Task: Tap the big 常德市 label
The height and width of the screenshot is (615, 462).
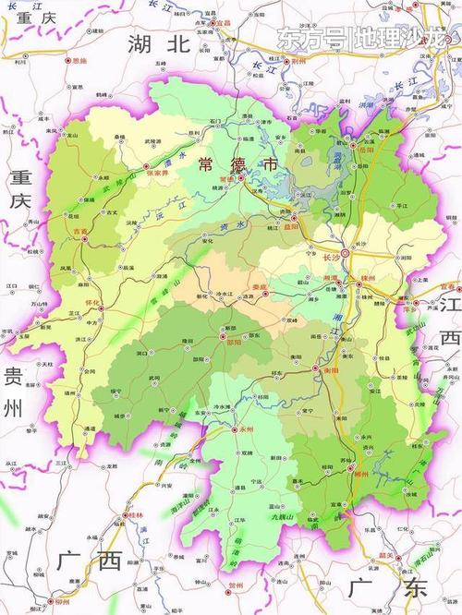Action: click(x=237, y=163)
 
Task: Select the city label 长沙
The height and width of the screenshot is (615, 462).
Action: click(x=330, y=245)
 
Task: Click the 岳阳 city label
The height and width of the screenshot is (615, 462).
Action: click(x=367, y=149)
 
